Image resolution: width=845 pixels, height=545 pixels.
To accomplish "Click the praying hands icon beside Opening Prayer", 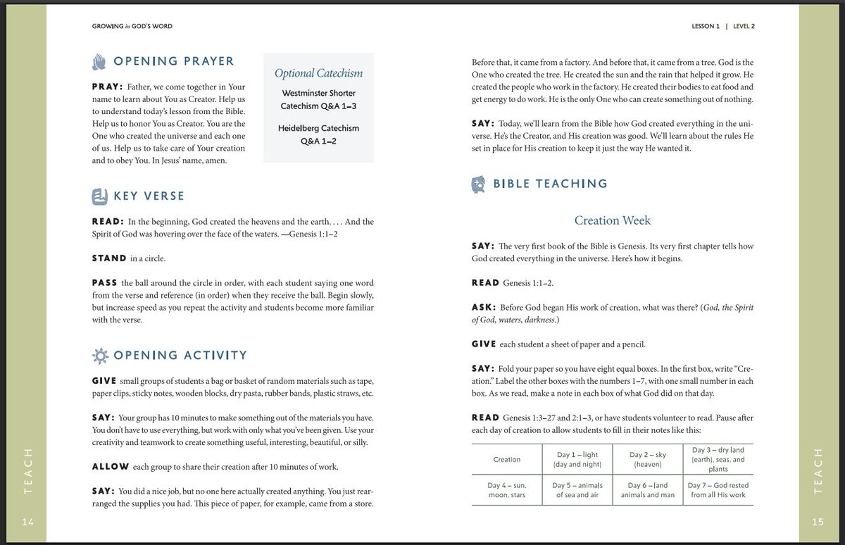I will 99,61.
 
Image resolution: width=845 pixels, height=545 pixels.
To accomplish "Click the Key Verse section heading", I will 149,196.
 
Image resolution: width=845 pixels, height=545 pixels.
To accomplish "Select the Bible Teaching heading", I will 549,184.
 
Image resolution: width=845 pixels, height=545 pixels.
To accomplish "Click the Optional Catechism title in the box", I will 318,73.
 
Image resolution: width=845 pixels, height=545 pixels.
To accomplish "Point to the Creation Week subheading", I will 612,220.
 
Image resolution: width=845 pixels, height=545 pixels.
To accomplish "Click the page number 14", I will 28,522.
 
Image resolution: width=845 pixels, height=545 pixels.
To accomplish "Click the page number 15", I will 816,522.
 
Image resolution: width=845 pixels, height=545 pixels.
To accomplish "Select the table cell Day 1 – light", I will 577,460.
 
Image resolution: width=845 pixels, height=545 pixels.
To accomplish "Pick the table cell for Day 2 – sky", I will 647,460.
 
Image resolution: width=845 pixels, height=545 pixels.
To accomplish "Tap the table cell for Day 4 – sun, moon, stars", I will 506,490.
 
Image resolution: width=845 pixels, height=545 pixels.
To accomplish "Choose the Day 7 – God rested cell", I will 718,490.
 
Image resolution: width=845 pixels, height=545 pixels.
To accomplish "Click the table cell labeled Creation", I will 506,460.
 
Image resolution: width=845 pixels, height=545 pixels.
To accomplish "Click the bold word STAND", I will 109,258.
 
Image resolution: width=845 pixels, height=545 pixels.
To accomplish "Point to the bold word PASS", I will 104,283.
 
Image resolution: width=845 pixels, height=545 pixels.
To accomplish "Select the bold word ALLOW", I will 110,467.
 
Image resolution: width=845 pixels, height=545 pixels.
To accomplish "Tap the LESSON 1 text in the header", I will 706,27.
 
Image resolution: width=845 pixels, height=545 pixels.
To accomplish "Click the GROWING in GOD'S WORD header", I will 132,27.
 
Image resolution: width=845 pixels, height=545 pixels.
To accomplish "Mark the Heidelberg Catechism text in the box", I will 318,128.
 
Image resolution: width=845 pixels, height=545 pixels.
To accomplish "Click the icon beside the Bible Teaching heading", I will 477,184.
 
